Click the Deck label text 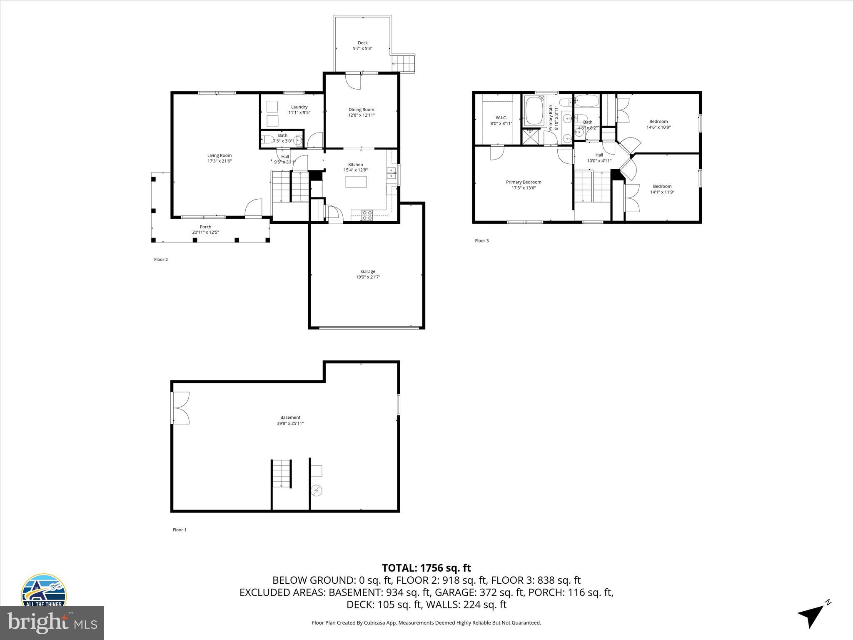pos(362,43)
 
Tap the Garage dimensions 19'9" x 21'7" pos(368,277)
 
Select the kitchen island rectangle pos(356,182)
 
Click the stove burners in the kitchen pos(367,215)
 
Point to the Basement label pos(290,417)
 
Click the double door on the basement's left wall pos(180,408)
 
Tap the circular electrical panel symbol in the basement pos(317,491)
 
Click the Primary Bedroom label pos(524,182)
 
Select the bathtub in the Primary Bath pos(534,110)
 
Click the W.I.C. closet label pos(501,117)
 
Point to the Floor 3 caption pos(482,241)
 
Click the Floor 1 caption pos(180,530)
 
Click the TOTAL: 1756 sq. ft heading pos(426,568)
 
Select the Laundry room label pos(299,107)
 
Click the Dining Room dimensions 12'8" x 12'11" pos(361,115)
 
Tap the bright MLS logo pos(52,622)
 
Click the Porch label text pos(205,227)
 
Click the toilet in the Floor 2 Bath pos(268,140)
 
